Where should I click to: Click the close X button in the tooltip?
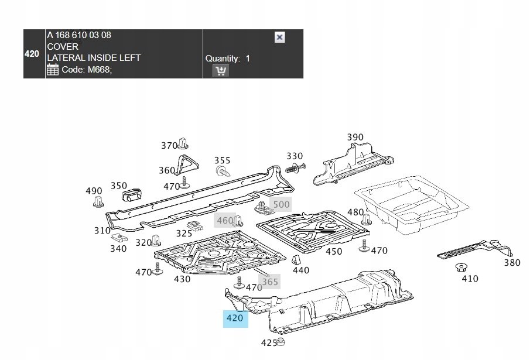point(279,37)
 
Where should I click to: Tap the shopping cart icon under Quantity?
point(221,71)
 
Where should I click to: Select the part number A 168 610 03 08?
point(79,35)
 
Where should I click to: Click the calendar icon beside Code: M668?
point(52,70)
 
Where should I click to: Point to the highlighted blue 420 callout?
point(235,318)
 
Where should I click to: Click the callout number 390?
point(355,137)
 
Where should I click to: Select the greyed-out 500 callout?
point(281,204)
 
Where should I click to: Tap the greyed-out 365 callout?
point(270,282)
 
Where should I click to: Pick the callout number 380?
point(512,262)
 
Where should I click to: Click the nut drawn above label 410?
point(460,268)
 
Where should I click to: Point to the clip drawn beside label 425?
point(281,341)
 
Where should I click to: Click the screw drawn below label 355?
point(223,171)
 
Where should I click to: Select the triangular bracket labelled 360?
point(186,165)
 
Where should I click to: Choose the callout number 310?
point(102,231)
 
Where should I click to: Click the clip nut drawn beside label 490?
point(98,201)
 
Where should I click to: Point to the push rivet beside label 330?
point(295,168)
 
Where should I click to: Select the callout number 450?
point(334,252)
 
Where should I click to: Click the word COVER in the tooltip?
point(63,47)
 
